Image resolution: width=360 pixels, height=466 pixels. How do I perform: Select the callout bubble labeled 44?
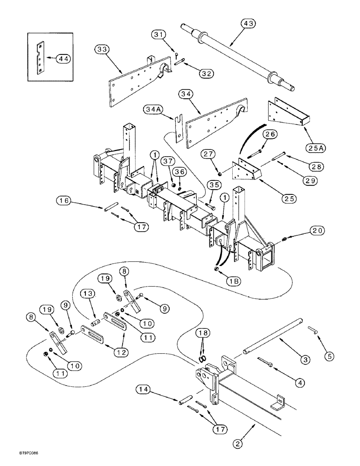[x=63, y=59]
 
